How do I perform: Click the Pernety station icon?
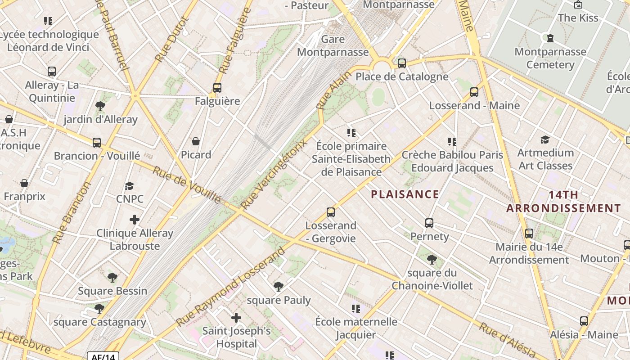click(429, 223)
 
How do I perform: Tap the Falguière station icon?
click(217, 88)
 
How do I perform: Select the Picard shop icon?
click(196, 142)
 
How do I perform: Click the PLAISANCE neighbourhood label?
click(405, 194)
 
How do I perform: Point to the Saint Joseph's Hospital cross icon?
click(236, 318)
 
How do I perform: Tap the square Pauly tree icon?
click(279, 287)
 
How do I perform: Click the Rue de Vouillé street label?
click(186, 185)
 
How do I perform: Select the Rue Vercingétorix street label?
click(274, 175)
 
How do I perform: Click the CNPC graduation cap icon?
click(130, 186)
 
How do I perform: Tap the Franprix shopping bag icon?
click(24, 183)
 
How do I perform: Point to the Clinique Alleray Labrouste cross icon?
click(135, 220)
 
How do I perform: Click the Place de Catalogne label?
click(402, 76)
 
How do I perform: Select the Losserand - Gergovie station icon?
click(331, 212)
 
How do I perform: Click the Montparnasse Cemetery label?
click(550, 58)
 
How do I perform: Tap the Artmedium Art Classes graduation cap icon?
click(545, 139)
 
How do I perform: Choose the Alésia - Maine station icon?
click(584, 321)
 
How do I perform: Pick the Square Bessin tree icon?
click(112, 277)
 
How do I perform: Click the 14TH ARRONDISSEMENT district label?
click(563, 202)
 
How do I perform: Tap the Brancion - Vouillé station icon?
click(97, 143)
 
